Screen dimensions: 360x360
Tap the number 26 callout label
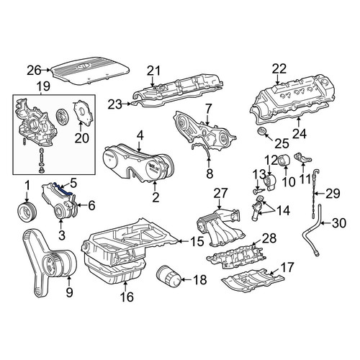[x=34, y=71]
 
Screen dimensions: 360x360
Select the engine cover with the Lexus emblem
[x=91, y=71]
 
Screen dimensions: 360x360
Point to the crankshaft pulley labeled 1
[x=27, y=213]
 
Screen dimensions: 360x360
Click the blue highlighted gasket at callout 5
[x=63, y=189]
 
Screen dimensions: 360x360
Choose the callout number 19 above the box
[x=43, y=86]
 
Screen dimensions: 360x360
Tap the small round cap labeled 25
[x=261, y=132]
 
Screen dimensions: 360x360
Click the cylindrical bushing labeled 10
[x=284, y=160]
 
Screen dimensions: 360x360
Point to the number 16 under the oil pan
[x=127, y=297]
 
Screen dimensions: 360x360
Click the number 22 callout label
[x=279, y=68]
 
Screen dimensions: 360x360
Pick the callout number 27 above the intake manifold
[x=220, y=194]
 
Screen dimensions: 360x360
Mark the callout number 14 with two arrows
[x=283, y=210]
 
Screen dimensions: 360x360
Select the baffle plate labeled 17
[x=252, y=281]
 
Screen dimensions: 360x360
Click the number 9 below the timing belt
[x=69, y=293]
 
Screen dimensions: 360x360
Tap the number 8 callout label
[x=210, y=174]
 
